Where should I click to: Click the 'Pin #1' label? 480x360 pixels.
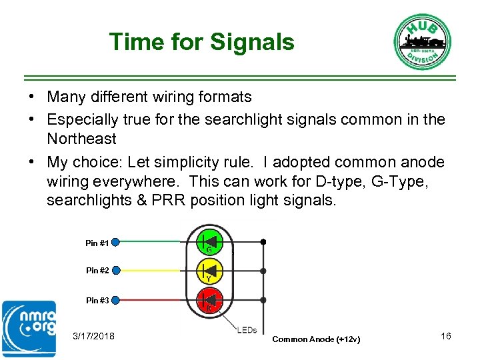[x=97, y=243]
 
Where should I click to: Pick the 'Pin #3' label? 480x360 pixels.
[x=97, y=301]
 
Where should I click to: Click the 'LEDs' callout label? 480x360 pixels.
[x=247, y=331]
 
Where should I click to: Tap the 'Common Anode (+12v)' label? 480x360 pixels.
[x=317, y=339]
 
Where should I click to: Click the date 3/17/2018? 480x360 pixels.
[x=93, y=336]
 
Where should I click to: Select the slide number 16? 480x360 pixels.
[x=446, y=336]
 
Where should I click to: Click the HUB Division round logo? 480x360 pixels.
[x=422, y=41]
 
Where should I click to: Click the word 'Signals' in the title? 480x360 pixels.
[x=251, y=42]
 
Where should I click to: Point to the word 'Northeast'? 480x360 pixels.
[x=81, y=139]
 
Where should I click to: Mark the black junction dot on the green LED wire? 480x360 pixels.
[x=264, y=241]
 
